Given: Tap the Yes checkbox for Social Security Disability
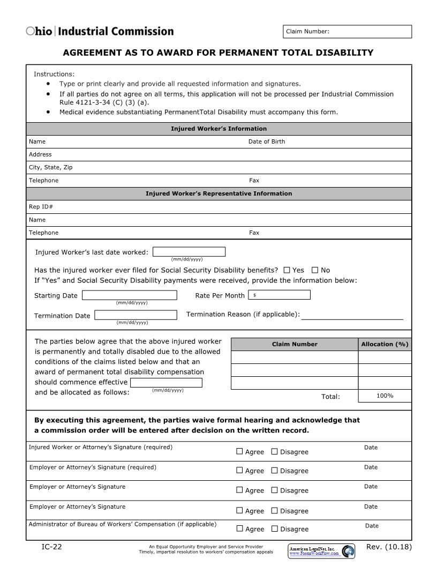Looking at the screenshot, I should tap(287, 270).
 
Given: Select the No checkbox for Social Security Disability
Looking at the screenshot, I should tap(315, 270).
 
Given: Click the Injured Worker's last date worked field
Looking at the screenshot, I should tap(189, 252).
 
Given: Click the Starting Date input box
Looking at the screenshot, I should tap(129, 295).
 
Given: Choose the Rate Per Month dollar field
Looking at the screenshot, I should tap(279, 295).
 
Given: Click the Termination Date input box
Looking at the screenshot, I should tap(135, 315).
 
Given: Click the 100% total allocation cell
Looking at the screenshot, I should tap(385, 396).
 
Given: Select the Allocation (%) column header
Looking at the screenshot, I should tap(385, 344).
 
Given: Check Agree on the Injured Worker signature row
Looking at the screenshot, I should tap(239, 451).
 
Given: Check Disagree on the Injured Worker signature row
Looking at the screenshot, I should tap(275, 451).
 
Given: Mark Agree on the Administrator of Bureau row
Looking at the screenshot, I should tap(239, 528).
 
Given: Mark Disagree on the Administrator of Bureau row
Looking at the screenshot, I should tap(275, 528).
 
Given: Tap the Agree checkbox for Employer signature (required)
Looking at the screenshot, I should tap(239, 471).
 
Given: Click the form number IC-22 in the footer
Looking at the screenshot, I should tap(51, 547).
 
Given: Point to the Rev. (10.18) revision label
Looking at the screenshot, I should tap(389, 547).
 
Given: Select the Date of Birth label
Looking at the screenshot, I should tap(267, 141).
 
